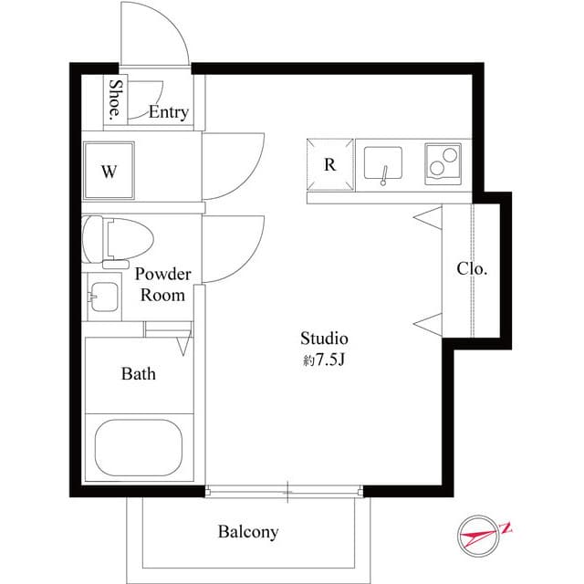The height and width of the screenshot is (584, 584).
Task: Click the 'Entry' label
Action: [168, 113]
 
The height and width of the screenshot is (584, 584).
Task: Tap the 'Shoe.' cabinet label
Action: [116, 100]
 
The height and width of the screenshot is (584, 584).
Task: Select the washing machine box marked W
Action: [109, 171]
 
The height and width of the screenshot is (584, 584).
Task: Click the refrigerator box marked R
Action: [328, 164]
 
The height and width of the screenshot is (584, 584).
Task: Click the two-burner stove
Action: [443, 165]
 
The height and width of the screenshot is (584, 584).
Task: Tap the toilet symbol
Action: [116, 239]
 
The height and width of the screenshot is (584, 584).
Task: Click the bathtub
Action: [138, 446]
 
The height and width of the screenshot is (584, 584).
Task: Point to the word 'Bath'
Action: [139, 374]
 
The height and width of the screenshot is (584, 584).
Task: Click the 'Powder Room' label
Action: [163, 285]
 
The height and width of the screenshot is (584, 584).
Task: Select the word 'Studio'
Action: [325, 339]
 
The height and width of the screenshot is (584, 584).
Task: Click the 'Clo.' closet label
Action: [472, 269]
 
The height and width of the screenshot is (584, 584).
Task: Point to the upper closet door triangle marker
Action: [429, 216]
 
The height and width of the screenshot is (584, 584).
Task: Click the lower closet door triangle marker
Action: [429, 320]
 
